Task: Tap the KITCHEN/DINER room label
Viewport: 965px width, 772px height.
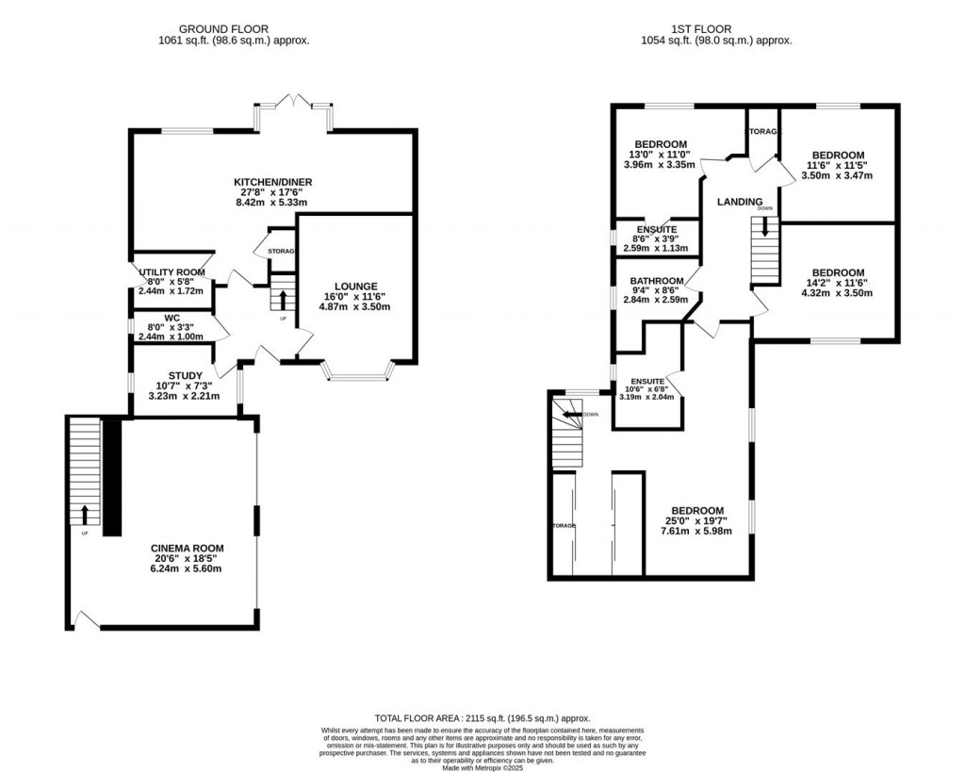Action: tap(273, 182)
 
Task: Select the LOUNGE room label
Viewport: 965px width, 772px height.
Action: tap(355, 287)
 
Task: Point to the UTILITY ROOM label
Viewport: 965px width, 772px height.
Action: tap(172, 272)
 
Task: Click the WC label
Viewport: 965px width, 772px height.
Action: tap(172, 319)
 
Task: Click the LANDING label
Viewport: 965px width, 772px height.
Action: tap(739, 202)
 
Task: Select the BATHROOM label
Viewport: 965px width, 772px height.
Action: tap(656, 281)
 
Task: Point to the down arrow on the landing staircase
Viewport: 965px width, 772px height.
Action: tap(764, 227)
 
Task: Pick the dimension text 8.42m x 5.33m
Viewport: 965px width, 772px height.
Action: tap(273, 203)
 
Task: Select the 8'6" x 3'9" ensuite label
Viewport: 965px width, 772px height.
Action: tap(655, 238)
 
